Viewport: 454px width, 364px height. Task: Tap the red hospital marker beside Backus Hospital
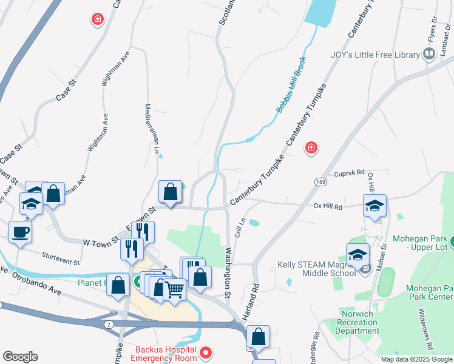(x=205, y=352)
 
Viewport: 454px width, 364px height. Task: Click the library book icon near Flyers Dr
(x=429, y=54)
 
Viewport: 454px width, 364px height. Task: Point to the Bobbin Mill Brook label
(x=291, y=85)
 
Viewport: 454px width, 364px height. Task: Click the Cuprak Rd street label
(x=348, y=172)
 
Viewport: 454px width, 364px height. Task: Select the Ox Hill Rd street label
(x=328, y=206)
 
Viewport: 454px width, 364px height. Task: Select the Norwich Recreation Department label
(x=359, y=322)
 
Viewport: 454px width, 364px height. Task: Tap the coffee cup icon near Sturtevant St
(x=21, y=231)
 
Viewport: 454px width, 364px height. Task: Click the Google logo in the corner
(x=20, y=356)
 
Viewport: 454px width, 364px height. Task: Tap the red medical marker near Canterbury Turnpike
(x=311, y=147)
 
